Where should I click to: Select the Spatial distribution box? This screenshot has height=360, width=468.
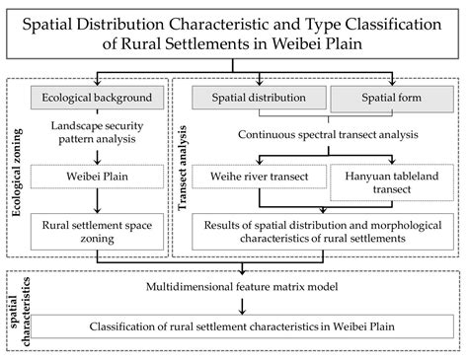pos(256,98)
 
